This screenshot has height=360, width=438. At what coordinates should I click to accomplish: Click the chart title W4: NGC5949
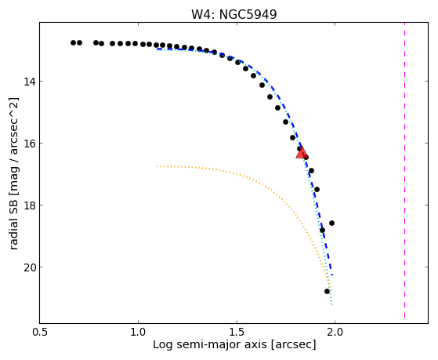[233, 15]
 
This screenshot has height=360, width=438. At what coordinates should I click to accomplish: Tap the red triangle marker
[302, 153]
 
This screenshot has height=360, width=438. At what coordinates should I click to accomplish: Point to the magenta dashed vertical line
[404, 170]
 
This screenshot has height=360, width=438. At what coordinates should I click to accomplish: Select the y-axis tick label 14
[29, 82]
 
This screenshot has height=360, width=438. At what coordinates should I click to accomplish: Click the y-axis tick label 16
[29, 144]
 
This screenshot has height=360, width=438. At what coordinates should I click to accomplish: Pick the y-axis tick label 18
[29, 205]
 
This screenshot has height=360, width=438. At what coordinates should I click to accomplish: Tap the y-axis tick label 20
[29, 267]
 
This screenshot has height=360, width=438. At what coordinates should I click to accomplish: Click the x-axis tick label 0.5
[40, 332]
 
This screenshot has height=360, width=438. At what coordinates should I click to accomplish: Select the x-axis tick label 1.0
[139, 332]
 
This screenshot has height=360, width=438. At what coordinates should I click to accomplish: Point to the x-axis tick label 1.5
[237, 332]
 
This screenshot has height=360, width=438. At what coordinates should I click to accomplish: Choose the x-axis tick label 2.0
[335, 332]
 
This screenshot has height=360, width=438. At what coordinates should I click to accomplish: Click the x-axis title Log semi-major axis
[210, 345]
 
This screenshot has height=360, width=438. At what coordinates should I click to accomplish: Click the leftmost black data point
[73, 43]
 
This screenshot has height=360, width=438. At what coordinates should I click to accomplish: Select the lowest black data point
[327, 292]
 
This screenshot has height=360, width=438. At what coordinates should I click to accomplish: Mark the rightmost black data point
[331, 224]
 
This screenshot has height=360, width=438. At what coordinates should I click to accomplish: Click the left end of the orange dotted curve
[157, 166]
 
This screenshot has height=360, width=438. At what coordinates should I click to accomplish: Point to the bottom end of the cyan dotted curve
[332, 304]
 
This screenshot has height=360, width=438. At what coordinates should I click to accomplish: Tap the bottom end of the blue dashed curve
[332, 275]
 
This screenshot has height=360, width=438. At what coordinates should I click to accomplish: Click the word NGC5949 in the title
[248, 15]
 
